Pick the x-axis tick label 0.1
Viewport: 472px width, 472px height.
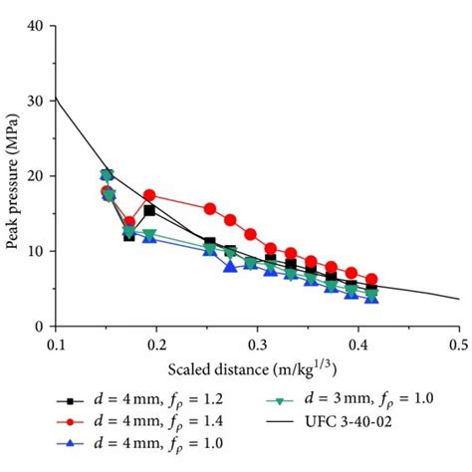[56, 344]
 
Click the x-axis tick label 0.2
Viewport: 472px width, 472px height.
[156, 344]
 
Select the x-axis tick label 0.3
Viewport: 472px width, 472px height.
[257, 344]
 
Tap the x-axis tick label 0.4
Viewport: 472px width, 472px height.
[357, 344]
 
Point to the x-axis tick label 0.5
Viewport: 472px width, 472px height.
[457, 344]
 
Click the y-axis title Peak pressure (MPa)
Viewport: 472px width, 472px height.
[13, 176]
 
